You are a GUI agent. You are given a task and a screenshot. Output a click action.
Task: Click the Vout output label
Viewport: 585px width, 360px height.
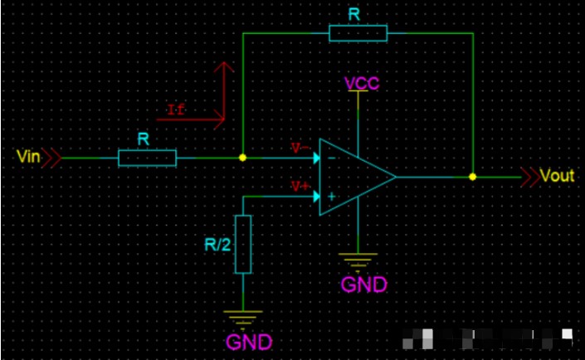coord(557,177)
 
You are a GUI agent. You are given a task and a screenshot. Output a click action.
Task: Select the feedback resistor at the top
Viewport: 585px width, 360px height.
coord(358,33)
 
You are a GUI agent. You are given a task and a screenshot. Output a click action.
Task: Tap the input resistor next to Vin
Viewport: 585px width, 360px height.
coord(147,158)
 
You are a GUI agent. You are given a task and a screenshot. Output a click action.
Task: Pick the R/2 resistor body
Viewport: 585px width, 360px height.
coord(243,244)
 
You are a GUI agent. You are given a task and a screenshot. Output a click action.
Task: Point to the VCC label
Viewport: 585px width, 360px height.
coord(362,83)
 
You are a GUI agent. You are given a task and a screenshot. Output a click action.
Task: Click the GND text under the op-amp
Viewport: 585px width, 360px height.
coord(363,285)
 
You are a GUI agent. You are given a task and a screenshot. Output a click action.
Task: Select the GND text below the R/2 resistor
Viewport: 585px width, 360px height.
coord(247,341)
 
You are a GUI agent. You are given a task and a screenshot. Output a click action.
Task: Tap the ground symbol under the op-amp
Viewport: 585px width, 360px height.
coord(358,260)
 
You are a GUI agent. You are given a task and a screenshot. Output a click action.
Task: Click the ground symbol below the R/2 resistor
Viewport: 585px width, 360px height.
coord(243,316)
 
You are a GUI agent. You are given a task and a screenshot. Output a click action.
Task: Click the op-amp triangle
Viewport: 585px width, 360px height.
coord(353,177)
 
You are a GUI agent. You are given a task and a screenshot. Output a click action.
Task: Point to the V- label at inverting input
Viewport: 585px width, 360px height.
coord(300,148)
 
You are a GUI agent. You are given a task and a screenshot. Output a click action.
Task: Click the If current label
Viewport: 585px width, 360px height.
coord(176,110)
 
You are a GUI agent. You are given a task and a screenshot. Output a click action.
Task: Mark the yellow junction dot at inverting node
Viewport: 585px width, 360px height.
coord(242,157)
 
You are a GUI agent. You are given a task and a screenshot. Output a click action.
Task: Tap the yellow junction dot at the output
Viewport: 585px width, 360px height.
coord(472,177)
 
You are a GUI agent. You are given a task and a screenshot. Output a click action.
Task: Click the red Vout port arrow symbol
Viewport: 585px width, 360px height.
coord(528,177)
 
